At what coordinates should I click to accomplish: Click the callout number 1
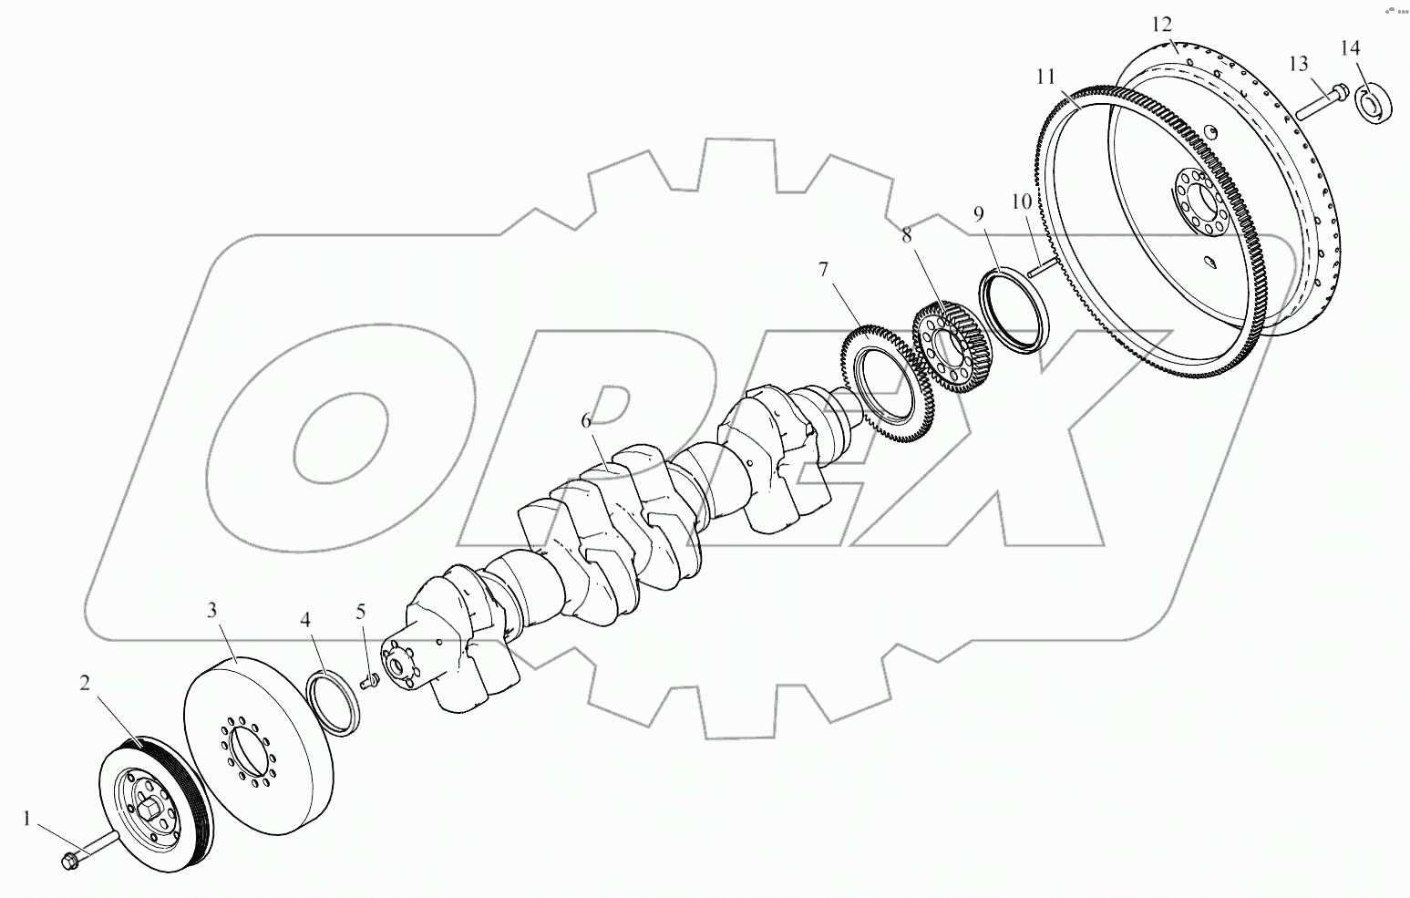click(x=26, y=820)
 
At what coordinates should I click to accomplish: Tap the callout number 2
click(x=85, y=683)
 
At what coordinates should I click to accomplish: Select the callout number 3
click(x=212, y=610)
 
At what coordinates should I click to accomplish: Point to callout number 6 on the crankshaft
click(x=586, y=420)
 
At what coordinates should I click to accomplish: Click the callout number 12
click(x=1162, y=25)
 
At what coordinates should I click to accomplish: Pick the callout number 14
click(x=1350, y=47)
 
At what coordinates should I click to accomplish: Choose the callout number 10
click(x=1022, y=201)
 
